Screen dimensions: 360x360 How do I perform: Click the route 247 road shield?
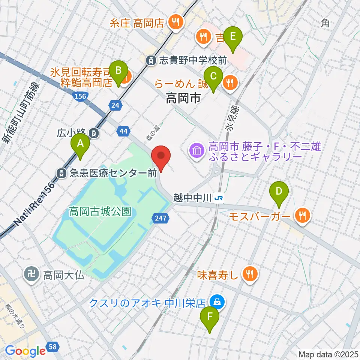[x=159, y=217]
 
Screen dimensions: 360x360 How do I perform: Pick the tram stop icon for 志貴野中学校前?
[x=151, y=60]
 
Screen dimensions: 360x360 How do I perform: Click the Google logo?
[x=25, y=351]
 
